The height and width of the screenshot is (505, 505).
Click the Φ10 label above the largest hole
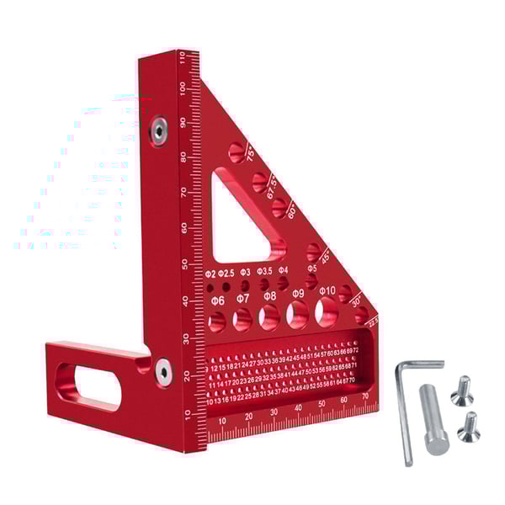pos(327,290)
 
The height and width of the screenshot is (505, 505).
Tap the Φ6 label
pos(217,300)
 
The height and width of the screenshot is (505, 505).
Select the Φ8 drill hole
pos(270,317)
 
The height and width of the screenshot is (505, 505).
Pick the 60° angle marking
pos(290,213)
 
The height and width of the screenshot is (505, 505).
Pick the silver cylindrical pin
pos(435,418)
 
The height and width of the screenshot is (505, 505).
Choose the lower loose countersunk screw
pos(467,428)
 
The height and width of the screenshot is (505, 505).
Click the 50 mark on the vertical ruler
pos(184,265)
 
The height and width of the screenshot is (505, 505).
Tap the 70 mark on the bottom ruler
pos(365,396)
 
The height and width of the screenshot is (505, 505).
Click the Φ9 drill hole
pos(297,315)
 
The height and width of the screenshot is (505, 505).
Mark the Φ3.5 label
pos(263,272)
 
